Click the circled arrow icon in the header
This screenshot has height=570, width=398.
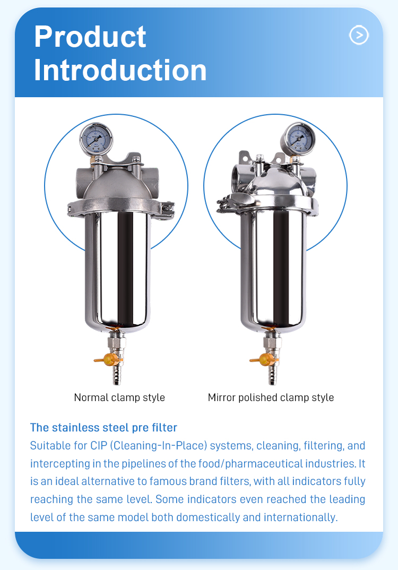(359, 35)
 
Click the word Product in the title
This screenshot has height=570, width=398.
(90, 37)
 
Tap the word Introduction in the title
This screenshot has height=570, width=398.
(120, 70)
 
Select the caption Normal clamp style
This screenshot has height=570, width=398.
(119, 398)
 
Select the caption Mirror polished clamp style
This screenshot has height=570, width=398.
(271, 398)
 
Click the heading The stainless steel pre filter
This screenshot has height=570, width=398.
(103, 428)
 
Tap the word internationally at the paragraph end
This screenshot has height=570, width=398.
(301, 517)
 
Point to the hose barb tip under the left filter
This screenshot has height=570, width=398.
(117, 382)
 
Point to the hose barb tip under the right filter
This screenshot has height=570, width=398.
(272, 382)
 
